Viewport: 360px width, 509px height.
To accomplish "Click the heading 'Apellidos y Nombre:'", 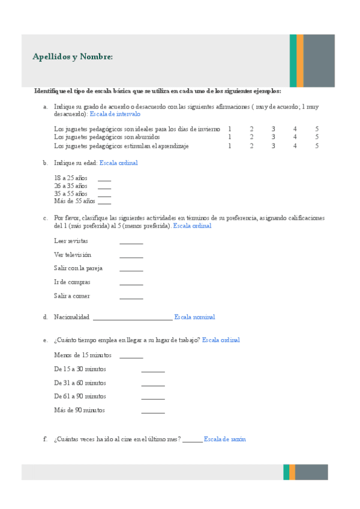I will point(73,57).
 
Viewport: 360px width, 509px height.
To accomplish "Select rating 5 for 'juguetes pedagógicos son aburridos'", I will point(316,137).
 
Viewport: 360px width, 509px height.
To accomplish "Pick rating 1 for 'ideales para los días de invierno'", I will point(230,129).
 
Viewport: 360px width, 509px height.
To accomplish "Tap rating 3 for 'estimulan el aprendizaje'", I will point(273,145).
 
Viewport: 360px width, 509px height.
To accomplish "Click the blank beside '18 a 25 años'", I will point(104,179).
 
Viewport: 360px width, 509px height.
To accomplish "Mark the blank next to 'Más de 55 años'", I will point(104,202).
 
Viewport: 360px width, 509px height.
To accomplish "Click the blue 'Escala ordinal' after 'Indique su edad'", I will point(119,163).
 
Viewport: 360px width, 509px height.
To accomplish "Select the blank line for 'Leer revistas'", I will point(131,242).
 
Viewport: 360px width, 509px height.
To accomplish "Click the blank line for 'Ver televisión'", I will point(131,256).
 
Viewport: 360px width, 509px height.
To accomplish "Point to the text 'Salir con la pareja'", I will point(78,268).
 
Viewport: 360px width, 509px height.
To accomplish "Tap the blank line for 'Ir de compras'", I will point(131,284).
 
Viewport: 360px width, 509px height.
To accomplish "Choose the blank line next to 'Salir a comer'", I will point(131,298).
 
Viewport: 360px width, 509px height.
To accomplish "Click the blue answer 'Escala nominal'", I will point(194,317).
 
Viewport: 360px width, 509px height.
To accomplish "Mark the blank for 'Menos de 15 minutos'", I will point(131,357).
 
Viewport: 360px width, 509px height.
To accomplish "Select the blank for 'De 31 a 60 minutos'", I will point(153,385).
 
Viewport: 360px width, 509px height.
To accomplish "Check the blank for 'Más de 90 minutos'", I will point(153,412).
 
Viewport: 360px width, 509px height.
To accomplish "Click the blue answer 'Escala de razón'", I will point(224,439).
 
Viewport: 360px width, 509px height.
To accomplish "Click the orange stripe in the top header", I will point(300,61).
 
